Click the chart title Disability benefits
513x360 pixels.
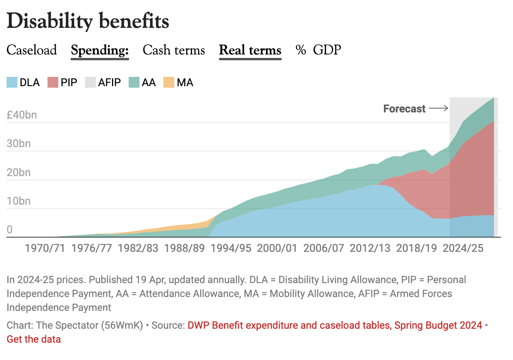click(88, 21)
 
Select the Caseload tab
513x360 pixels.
click(32, 50)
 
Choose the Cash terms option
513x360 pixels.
click(173, 50)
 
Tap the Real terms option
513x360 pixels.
click(250, 50)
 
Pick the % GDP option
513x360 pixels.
click(318, 50)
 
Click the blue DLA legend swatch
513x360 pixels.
click(12, 82)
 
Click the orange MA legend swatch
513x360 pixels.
click(169, 82)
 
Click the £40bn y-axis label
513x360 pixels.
click(22, 115)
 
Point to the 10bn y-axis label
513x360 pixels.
click(19, 201)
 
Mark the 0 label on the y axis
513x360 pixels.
click(10, 229)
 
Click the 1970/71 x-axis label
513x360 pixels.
click(45, 248)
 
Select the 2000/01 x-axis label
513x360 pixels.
click(277, 248)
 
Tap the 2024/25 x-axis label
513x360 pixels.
click(463, 248)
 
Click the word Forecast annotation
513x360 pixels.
click(404, 109)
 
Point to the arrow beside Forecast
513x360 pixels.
click(438, 109)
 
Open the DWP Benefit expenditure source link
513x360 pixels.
click(335, 325)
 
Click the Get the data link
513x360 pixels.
click(34, 339)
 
